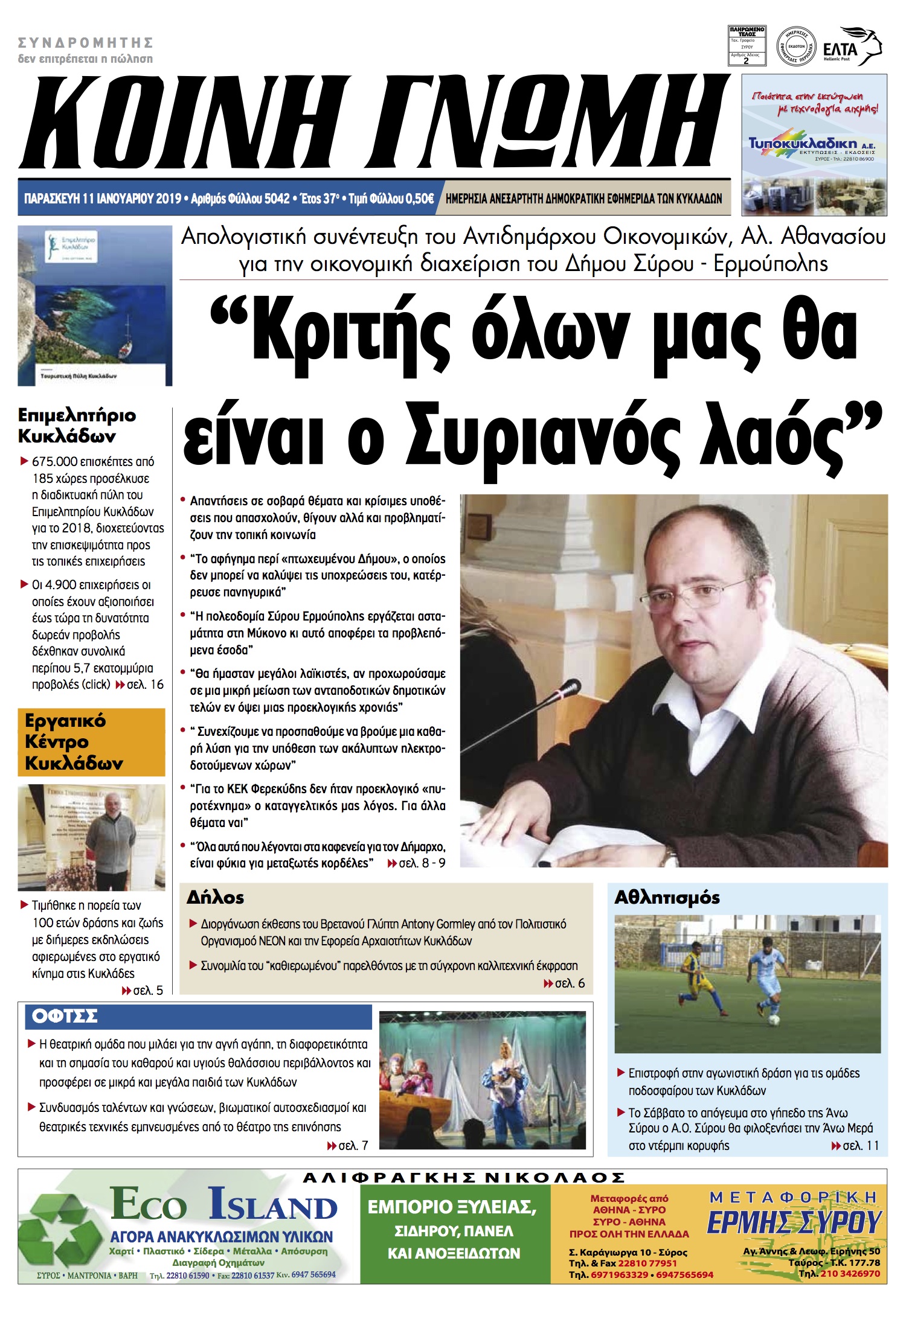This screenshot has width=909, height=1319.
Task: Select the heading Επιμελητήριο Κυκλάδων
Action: click(77, 426)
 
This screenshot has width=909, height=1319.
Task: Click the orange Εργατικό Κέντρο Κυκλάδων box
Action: click(91, 742)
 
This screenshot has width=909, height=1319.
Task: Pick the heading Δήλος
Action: click(215, 898)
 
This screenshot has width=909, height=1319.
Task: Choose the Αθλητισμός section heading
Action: click(667, 898)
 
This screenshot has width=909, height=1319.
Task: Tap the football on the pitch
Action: click(773, 1021)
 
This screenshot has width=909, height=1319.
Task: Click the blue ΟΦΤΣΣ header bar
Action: click(198, 1017)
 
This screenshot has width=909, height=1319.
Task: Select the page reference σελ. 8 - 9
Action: click(422, 863)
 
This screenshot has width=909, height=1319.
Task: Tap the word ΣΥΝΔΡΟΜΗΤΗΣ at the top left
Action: click(85, 42)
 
